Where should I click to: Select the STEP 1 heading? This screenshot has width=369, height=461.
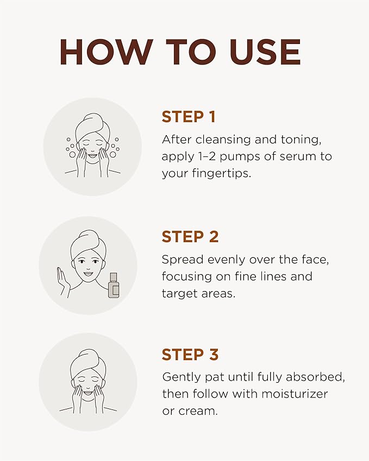(x=189, y=117)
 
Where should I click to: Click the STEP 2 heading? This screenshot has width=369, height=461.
(x=190, y=237)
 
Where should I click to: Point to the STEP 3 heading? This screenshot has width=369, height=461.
(x=190, y=354)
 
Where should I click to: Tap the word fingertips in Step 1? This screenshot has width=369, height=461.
(x=222, y=173)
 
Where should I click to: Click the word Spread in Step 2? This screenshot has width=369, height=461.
(x=183, y=260)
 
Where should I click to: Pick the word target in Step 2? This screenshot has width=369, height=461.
(x=179, y=294)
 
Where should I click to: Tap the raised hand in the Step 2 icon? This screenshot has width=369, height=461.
(x=63, y=281)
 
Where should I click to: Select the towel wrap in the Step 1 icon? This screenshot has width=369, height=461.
(x=92, y=127)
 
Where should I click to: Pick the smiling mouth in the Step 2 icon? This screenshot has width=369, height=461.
(x=88, y=274)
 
